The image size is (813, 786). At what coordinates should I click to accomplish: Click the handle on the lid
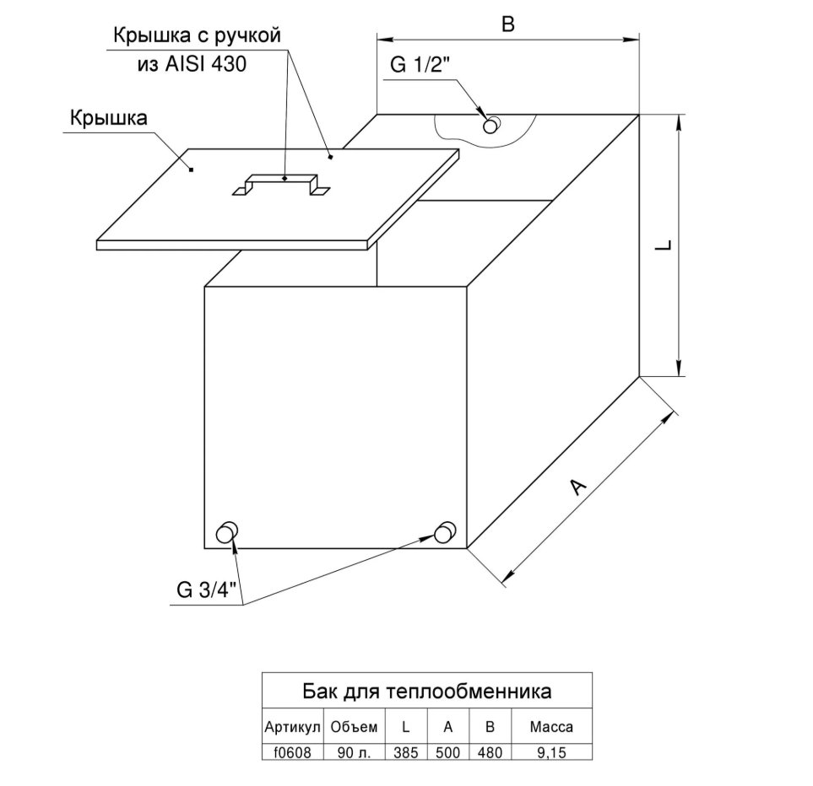281,179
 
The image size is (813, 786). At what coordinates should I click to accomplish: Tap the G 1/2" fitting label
420,65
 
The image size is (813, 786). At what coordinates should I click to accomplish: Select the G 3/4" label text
206,589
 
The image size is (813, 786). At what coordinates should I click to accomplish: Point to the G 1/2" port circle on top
491,126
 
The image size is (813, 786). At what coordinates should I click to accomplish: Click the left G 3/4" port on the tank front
226,532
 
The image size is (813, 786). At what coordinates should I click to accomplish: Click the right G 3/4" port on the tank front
445,532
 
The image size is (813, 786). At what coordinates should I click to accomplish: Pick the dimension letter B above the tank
508,24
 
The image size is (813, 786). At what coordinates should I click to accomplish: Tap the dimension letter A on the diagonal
577,487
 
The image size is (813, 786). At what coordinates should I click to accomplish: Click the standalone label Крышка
109,118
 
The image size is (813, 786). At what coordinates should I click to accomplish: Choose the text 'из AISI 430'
192,64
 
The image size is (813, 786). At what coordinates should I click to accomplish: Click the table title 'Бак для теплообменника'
426,692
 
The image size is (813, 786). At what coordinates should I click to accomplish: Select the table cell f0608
292,752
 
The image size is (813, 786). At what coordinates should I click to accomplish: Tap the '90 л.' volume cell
354,752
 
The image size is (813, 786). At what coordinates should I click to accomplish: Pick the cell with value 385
406,752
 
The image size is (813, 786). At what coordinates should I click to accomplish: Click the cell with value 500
448,752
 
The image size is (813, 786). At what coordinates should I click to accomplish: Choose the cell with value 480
490,752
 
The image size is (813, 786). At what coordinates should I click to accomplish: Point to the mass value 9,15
551,752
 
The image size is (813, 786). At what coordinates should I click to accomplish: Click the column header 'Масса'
551,727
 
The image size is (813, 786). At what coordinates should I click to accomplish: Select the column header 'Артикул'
292,727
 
